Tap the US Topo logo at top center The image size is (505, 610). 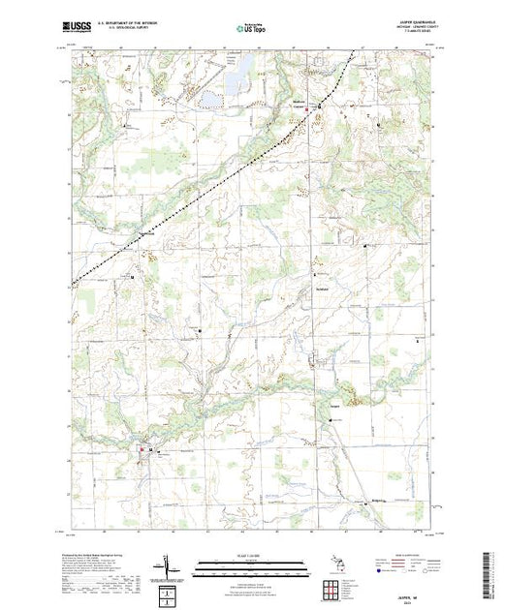click(252, 28)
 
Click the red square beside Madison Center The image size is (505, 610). click(309, 110)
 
